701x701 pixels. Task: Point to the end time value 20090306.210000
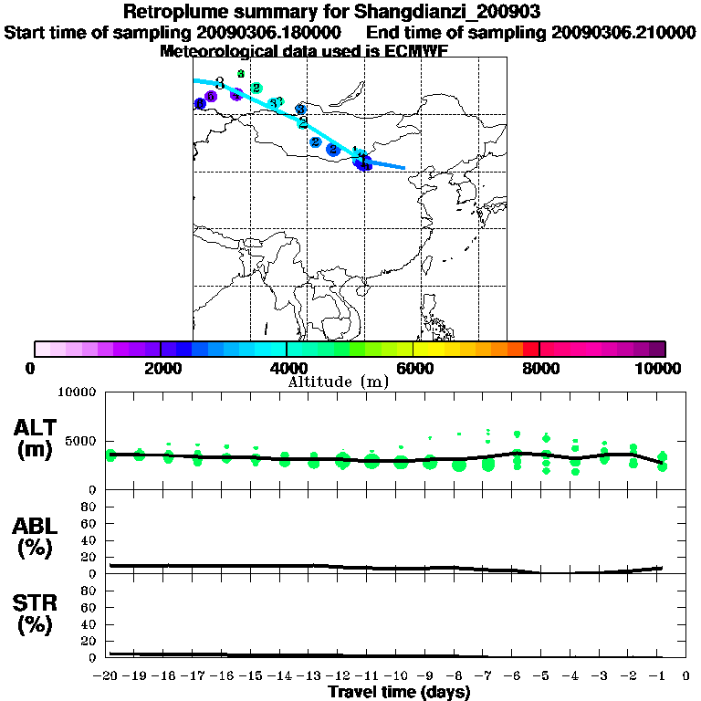pyautogui.click(x=623, y=33)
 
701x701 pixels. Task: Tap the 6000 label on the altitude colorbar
pyautogui.click(x=413, y=368)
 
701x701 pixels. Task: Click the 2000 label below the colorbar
pyautogui.click(x=161, y=368)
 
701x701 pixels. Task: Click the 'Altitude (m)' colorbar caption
pyautogui.click(x=338, y=382)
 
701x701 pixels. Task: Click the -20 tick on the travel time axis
pyautogui.click(x=108, y=676)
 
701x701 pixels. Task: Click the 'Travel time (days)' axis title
pyautogui.click(x=399, y=692)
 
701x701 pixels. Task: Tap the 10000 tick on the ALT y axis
pyautogui.click(x=77, y=392)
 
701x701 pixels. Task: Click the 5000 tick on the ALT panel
pyautogui.click(x=81, y=441)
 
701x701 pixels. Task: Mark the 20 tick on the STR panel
pyautogui.click(x=89, y=641)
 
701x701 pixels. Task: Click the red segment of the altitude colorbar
pyautogui.click(x=530, y=349)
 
